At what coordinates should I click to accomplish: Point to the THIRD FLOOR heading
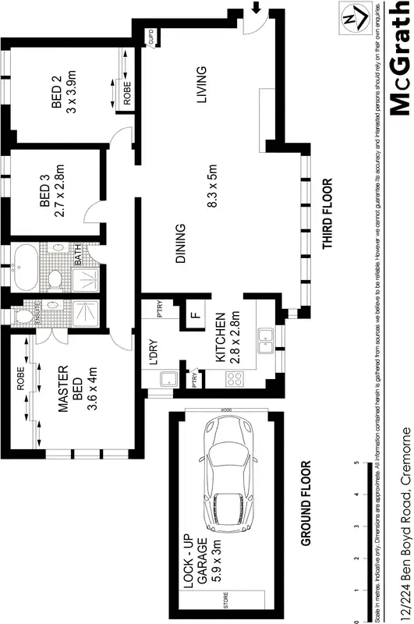327,214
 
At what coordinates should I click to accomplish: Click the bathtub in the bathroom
23,269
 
